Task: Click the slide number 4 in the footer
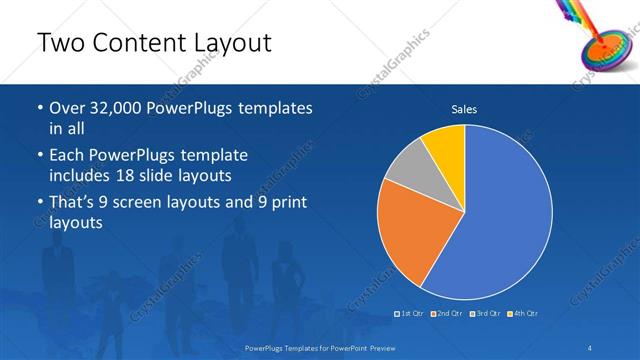592,347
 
